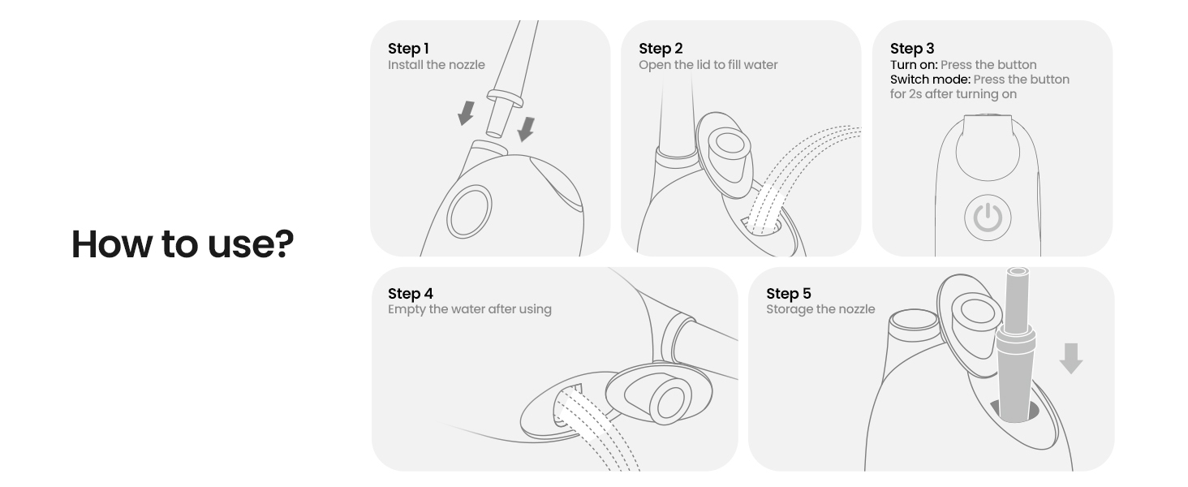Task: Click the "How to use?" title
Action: pyautogui.click(x=183, y=244)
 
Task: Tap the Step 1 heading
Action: pyautogui.click(x=408, y=48)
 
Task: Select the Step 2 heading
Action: pyautogui.click(x=661, y=48)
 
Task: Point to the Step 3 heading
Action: pyautogui.click(x=911, y=48)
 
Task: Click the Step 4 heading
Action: pyautogui.click(x=410, y=293)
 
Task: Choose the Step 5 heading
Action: pyautogui.click(x=788, y=293)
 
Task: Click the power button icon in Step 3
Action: pyautogui.click(x=988, y=218)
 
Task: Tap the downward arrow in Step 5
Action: pyautogui.click(x=1071, y=359)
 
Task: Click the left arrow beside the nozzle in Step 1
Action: pyautogui.click(x=466, y=113)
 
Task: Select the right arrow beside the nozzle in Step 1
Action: pyautogui.click(x=526, y=129)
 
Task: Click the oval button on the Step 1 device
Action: pyautogui.click(x=469, y=211)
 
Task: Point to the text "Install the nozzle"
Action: pyautogui.click(x=436, y=65)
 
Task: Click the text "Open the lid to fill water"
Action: pyautogui.click(x=708, y=65)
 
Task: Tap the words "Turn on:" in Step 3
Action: pyautogui.click(x=914, y=65)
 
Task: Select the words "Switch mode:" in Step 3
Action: pyautogui.click(x=930, y=80)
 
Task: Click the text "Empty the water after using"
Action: pyautogui.click(x=469, y=309)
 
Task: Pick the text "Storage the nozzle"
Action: pyautogui.click(x=820, y=309)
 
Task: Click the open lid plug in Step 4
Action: pyautogui.click(x=659, y=394)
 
